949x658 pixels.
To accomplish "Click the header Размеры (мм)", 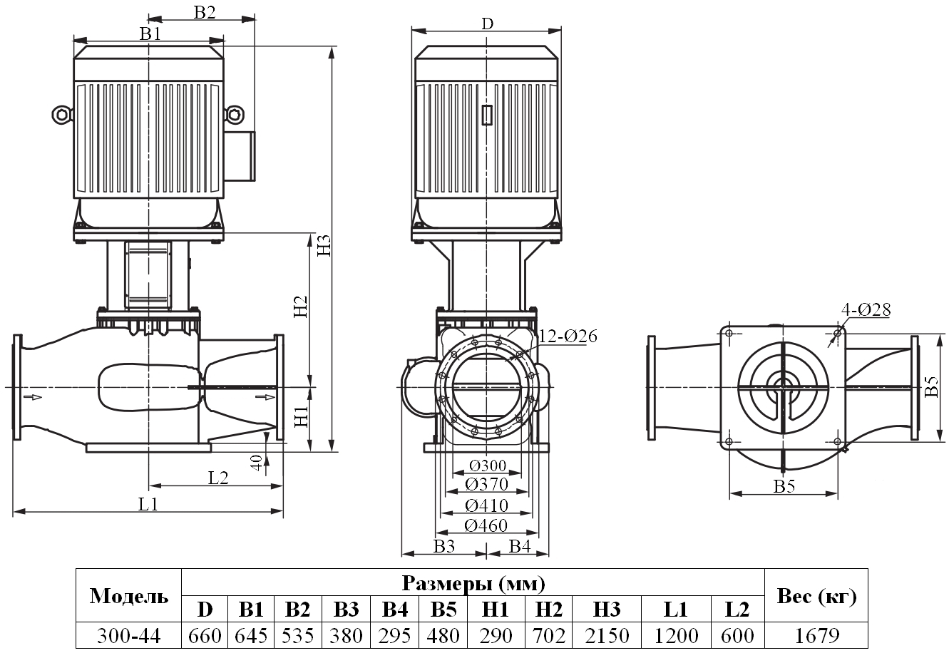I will point(473,584).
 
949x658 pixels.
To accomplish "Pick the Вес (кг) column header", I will point(816,597).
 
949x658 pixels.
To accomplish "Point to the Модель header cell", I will point(129,597).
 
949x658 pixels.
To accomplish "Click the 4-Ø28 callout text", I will point(866,309).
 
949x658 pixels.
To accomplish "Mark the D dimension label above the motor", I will point(486,23).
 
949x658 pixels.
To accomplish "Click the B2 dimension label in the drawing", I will point(204,11).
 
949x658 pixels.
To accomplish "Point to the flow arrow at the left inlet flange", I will point(32,396).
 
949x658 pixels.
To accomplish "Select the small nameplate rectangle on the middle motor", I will point(487,115).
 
